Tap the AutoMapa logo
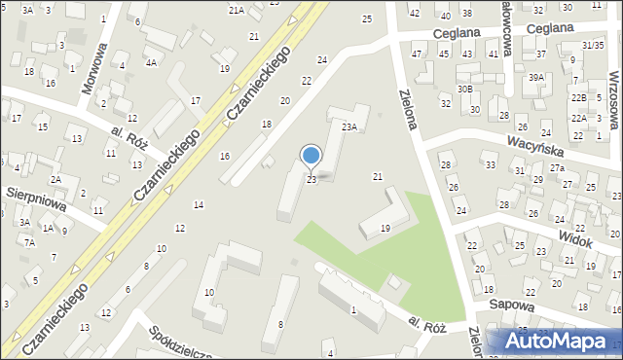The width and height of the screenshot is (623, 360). [558, 342]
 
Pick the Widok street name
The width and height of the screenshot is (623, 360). [582, 237]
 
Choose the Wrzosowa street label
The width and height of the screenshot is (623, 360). [615, 78]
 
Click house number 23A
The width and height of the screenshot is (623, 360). [349, 126]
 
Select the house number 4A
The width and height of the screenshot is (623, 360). [151, 62]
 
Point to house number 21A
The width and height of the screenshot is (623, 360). [236, 10]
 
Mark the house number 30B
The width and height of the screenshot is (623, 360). [465, 90]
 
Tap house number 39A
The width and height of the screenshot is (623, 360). [536, 77]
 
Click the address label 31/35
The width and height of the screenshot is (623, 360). [592, 45]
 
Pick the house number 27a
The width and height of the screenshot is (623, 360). [556, 168]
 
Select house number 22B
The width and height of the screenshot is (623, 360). [578, 98]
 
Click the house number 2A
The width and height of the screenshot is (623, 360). [56, 180]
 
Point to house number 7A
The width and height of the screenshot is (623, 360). [30, 242]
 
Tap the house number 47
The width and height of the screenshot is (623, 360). [417, 54]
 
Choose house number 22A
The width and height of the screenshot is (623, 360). [578, 118]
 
